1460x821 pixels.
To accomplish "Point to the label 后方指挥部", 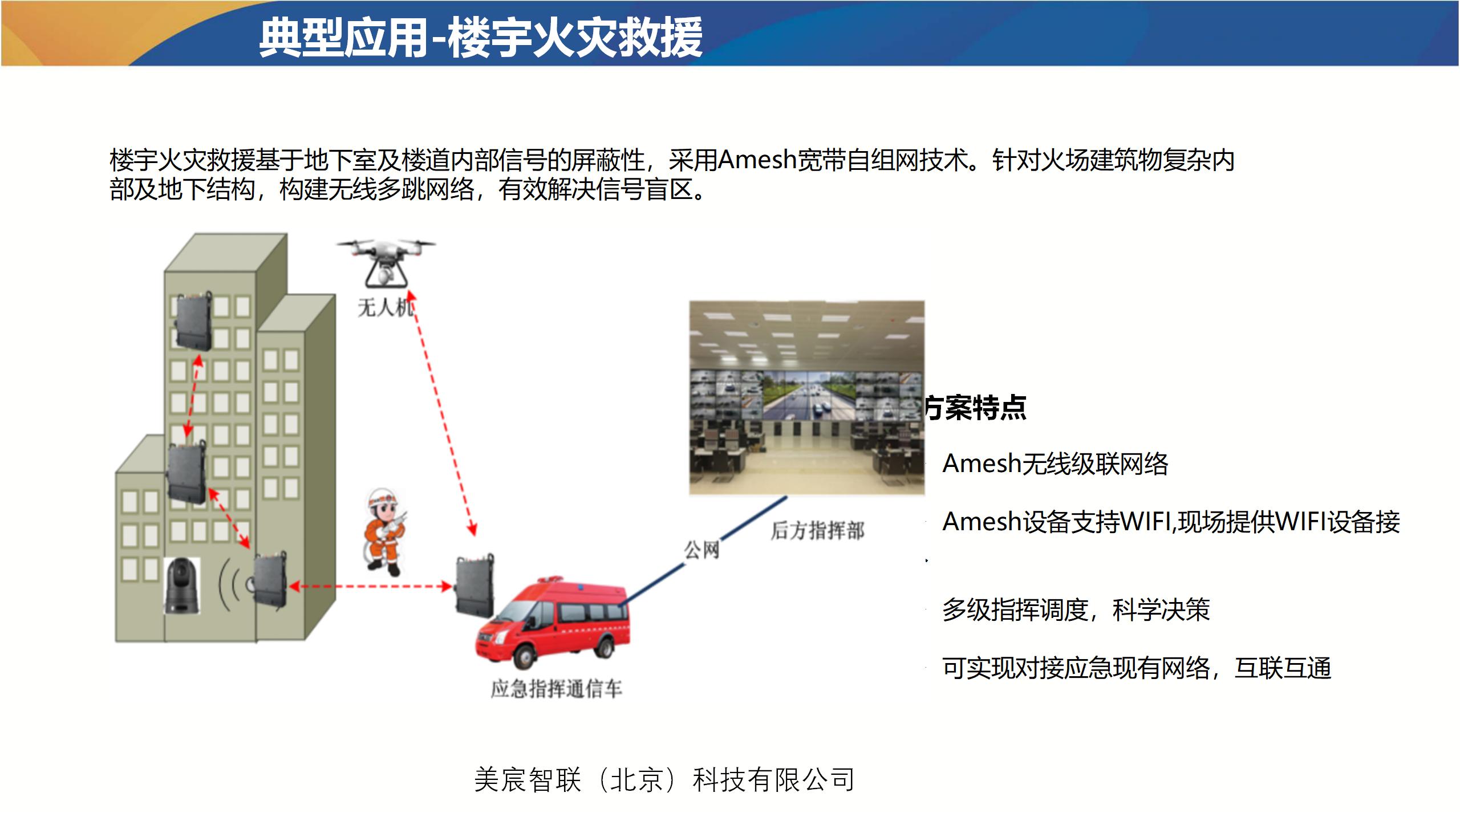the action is tap(817, 530).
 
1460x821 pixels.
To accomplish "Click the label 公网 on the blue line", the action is tap(702, 550).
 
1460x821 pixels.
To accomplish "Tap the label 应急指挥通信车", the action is tap(556, 689).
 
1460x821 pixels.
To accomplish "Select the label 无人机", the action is tap(386, 308).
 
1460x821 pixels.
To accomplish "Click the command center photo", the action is tap(806, 398).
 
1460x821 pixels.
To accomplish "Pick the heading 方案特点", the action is tap(975, 408).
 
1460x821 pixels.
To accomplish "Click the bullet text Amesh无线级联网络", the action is tap(1055, 464).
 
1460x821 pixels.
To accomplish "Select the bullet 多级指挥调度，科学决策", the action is tap(1076, 609).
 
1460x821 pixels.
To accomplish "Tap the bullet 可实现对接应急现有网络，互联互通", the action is tap(1137, 668).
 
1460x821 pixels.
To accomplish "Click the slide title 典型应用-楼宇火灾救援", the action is tap(481, 38).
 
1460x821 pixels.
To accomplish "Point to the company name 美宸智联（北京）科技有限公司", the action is tap(664, 779).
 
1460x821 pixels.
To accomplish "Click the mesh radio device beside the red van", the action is tap(474, 586).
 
